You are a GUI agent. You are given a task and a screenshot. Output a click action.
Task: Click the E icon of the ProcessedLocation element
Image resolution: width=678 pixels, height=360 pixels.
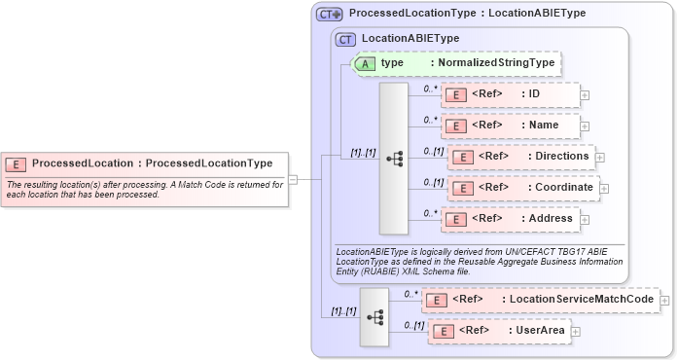17,163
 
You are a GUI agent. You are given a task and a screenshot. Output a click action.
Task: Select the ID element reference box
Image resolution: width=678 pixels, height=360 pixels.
511,94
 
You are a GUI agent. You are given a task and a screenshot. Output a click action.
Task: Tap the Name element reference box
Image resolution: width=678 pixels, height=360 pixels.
511,126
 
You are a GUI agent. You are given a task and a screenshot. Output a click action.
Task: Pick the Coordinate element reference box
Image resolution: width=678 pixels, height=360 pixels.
524,188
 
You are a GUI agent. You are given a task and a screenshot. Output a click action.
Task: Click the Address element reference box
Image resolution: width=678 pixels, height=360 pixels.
511,219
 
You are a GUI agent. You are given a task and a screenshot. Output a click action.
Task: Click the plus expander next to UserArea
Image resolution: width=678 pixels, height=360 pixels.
576,332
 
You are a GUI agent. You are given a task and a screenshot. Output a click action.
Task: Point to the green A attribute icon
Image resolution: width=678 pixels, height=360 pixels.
364,63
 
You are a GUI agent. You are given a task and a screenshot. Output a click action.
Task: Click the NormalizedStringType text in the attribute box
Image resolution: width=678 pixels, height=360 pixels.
496,63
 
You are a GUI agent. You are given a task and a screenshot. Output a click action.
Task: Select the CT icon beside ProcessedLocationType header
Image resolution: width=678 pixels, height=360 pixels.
330,15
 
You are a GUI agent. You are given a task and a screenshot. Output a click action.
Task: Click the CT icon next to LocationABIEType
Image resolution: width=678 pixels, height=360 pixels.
345,39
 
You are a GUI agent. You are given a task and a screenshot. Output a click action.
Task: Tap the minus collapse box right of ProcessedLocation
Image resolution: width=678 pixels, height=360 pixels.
293,179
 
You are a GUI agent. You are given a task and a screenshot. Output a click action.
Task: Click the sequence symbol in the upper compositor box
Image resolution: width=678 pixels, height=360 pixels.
394,158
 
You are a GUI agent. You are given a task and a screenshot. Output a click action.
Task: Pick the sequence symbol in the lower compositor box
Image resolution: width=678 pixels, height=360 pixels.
375,317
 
